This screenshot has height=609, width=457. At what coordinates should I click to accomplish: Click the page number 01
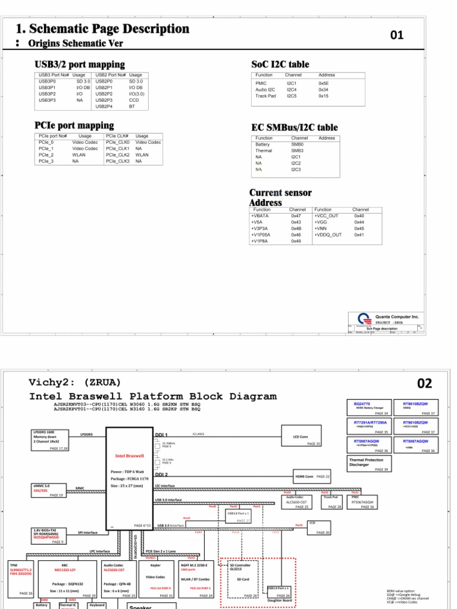pos(397,35)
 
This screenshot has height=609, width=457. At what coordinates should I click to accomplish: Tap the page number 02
pos(424,384)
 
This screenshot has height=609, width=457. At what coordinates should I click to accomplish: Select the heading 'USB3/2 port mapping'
pos(80,64)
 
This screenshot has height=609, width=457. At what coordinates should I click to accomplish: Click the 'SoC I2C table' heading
pos(280,64)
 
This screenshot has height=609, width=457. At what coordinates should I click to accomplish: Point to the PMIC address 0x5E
pos(323,84)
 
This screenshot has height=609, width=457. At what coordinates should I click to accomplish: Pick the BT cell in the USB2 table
pos(132,106)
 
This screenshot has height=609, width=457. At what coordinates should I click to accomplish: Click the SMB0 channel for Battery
pos(297,145)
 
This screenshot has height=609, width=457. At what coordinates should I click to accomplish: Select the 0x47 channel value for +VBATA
pos(296,216)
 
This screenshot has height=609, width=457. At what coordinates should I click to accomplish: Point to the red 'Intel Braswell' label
pos(130,456)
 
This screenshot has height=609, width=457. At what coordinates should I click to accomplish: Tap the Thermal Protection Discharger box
pos(369,464)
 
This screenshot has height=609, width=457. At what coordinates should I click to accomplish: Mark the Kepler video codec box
pos(156,579)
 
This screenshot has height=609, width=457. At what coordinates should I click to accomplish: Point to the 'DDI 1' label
pos(162,435)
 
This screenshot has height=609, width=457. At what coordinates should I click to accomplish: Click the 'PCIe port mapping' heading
pos(74,125)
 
